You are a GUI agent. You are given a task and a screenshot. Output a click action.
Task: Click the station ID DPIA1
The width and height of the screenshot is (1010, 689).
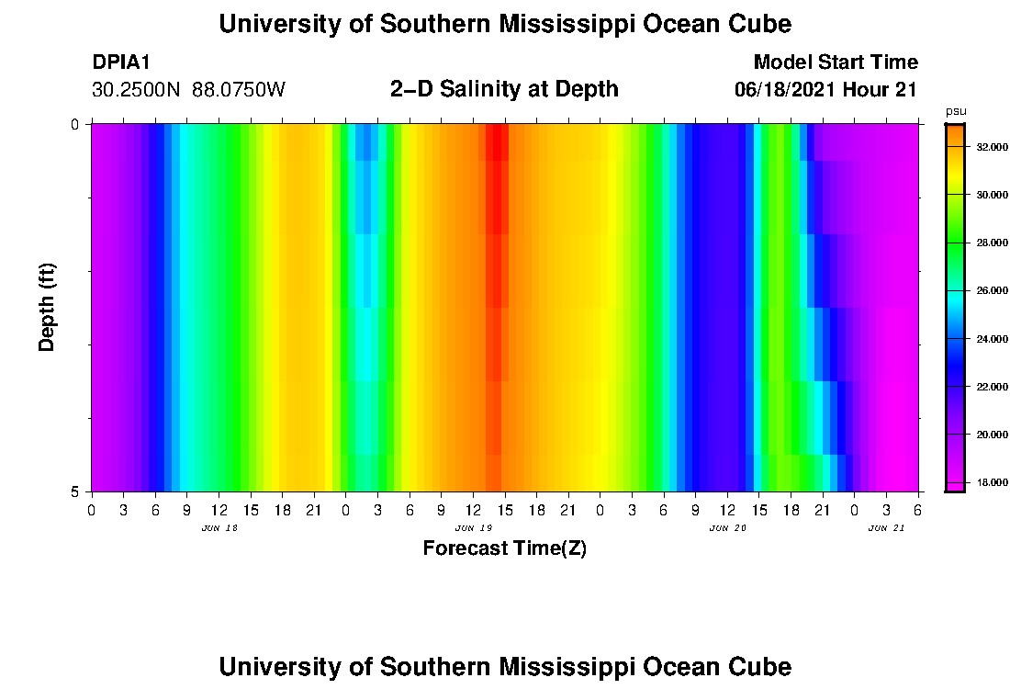[121, 62]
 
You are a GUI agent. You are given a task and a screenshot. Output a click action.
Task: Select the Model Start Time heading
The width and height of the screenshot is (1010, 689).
[835, 62]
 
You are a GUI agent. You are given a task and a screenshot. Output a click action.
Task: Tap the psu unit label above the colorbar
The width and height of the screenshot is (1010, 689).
[956, 111]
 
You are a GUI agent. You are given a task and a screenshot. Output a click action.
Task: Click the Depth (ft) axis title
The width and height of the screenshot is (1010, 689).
[48, 307]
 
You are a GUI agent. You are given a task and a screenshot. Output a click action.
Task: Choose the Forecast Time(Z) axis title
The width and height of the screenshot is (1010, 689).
[504, 549]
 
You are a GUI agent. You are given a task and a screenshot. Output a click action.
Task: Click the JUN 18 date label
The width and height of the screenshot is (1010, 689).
[219, 528]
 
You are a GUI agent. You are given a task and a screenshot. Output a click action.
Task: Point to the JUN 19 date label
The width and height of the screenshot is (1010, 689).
[473, 528]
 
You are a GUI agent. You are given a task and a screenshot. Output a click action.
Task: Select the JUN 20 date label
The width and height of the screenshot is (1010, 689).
[727, 528]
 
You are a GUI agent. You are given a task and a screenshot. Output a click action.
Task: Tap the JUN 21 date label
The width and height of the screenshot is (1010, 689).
[886, 528]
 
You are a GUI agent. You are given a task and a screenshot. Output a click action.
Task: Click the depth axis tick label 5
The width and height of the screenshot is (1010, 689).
[75, 491]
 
